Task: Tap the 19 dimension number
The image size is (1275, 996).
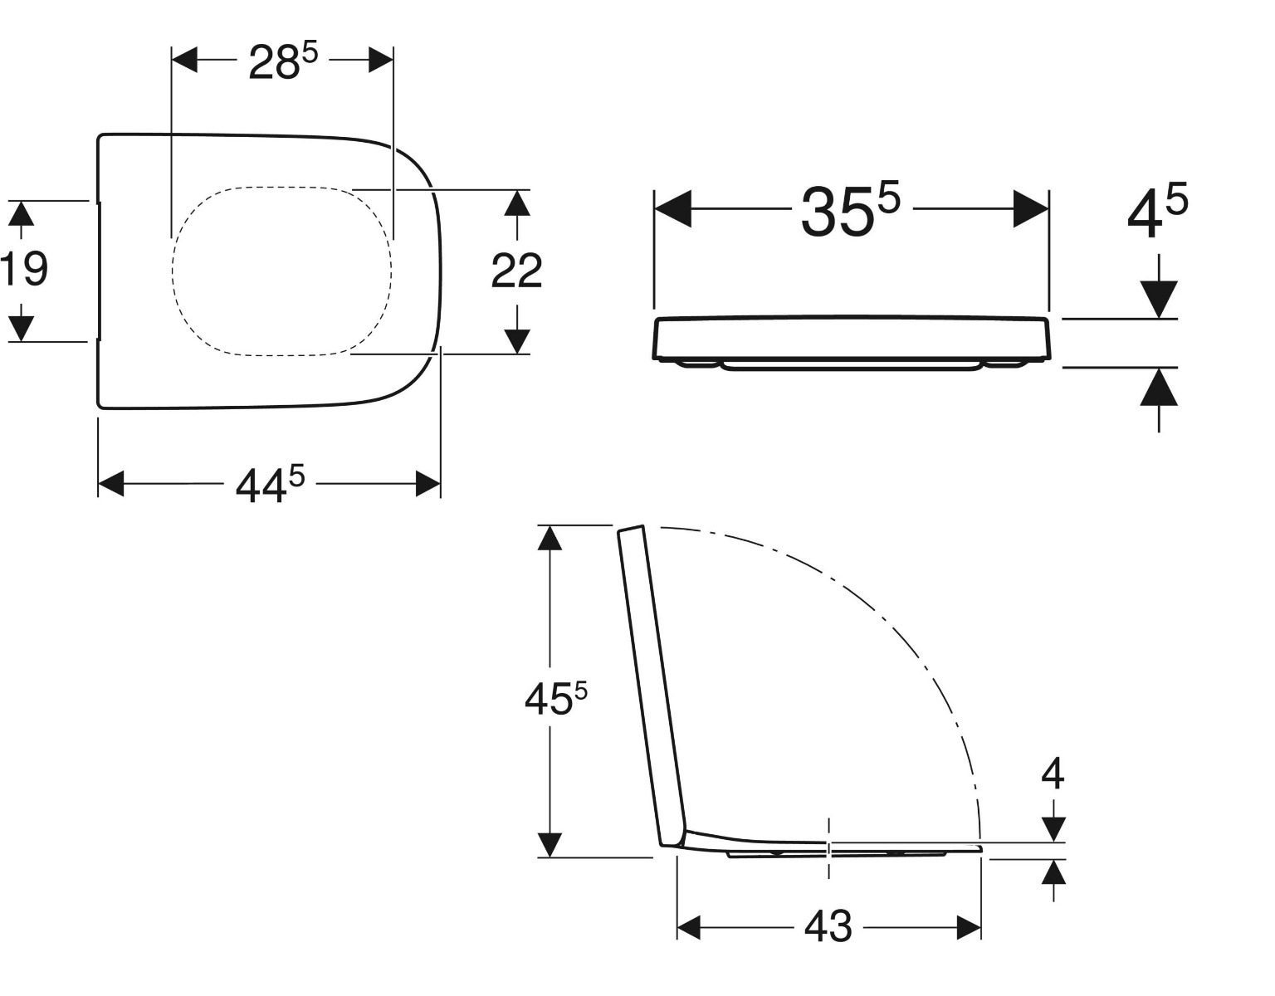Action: (x=23, y=269)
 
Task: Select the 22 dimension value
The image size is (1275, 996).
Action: (x=516, y=271)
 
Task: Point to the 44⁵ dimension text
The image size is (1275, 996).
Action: (x=270, y=485)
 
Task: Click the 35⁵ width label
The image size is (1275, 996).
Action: (x=850, y=210)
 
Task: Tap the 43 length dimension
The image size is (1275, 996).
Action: (x=828, y=927)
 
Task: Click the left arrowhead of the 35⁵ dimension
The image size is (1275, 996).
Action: (x=672, y=209)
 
